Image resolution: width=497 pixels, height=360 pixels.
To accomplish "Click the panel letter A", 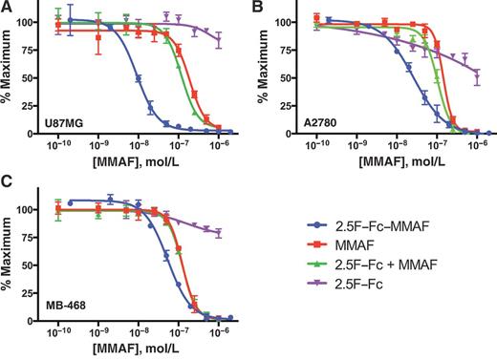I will click(7, 8).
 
